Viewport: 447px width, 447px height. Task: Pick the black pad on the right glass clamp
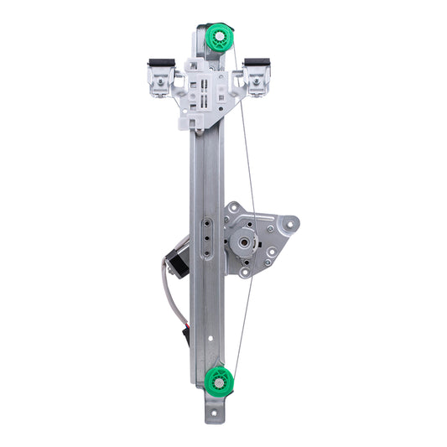pos(257,63)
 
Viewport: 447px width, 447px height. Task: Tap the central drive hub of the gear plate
pos(243,242)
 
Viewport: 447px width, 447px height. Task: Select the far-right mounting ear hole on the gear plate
pos(290,224)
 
